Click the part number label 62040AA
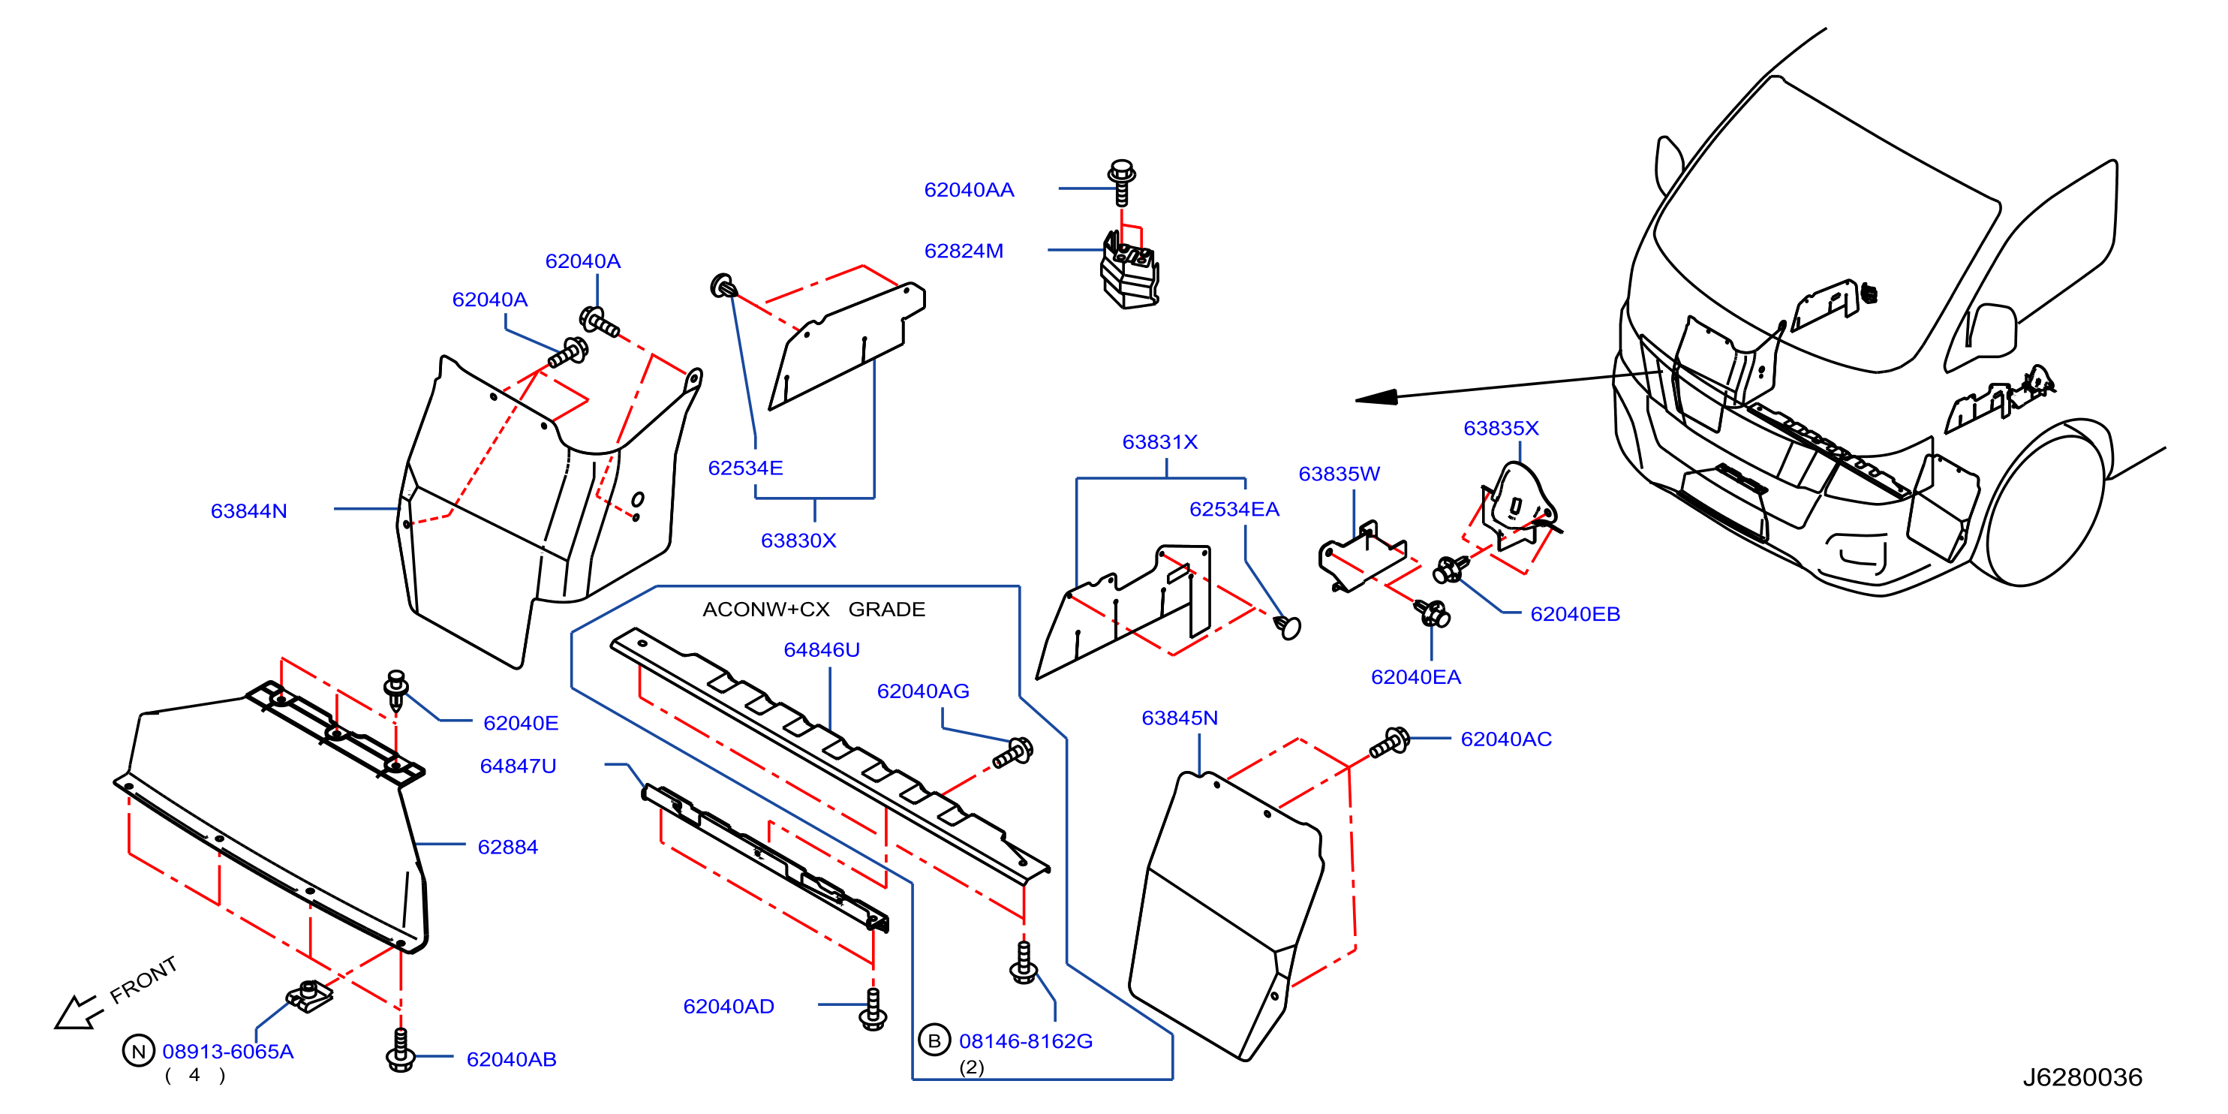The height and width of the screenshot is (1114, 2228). [969, 190]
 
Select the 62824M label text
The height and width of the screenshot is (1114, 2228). [964, 251]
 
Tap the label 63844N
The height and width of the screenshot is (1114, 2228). [248, 511]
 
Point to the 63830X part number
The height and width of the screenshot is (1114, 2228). [798, 540]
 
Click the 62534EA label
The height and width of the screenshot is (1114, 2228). [1234, 510]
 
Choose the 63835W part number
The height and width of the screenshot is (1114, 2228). [1339, 474]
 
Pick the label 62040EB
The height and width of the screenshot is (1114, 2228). [1575, 614]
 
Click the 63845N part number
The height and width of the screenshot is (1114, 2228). [1180, 718]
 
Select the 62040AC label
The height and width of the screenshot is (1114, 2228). [1506, 739]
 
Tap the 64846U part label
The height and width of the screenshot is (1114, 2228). [822, 649]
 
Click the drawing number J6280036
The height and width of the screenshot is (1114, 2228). [2082, 1076]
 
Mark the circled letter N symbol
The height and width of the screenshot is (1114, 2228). [138, 1051]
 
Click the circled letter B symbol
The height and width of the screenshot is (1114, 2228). [934, 1040]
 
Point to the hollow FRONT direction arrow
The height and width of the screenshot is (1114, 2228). [78, 1012]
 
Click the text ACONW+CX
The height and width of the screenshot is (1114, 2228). [765, 610]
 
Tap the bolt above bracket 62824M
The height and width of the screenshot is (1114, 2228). [1122, 182]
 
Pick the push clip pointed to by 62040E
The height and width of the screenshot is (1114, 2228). [396, 690]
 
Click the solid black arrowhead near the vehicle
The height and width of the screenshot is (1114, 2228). [1377, 397]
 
